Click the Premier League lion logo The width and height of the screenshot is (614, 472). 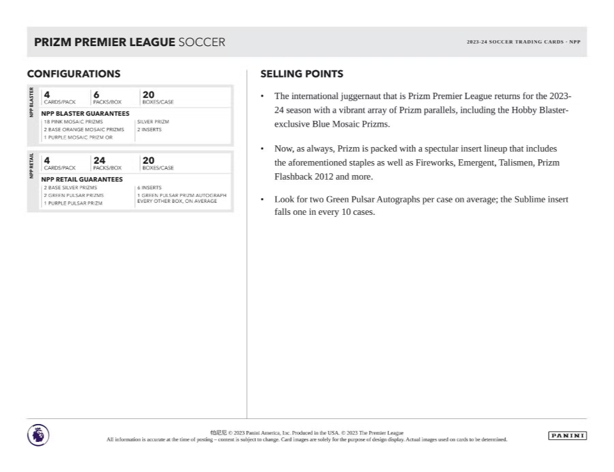pyautogui.click(x=38, y=435)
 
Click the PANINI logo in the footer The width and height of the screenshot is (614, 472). pyautogui.click(x=567, y=436)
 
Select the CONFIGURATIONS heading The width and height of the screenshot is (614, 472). pyautogui.click(x=74, y=74)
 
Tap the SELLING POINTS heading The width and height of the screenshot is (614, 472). pyautogui.click(x=302, y=74)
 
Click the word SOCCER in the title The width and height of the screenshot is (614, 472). pyautogui.click(x=201, y=42)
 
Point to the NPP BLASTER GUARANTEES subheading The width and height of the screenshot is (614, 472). pyautogui.click(x=85, y=113)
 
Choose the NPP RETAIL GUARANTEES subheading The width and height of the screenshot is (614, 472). pyautogui.click(x=82, y=179)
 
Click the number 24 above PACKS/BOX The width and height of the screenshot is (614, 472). pyautogui.click(x=99, y=161)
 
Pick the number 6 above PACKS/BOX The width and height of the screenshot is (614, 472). pyautogui.click(x=96, y=95)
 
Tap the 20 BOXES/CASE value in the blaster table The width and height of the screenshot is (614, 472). pyautogui.click(x=148, y=95)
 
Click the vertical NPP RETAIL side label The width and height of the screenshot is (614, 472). pyautogui.click(x=32, y=166)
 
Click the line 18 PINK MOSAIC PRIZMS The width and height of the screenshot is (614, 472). pyautogui.click(x=73, y=122)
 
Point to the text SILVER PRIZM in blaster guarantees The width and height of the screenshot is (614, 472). pyautogui.click(x=153, y=122)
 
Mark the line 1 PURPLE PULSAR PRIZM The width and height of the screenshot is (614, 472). pyautogui.click(x=73, y=203)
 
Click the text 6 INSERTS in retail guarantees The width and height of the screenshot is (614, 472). pyautogui.click(x=149, y=188)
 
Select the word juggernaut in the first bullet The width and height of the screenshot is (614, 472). pyautogui.click(x=352, y=96)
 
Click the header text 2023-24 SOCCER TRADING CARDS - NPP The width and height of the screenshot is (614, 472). pyautogui.click(x=523, y=42)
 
